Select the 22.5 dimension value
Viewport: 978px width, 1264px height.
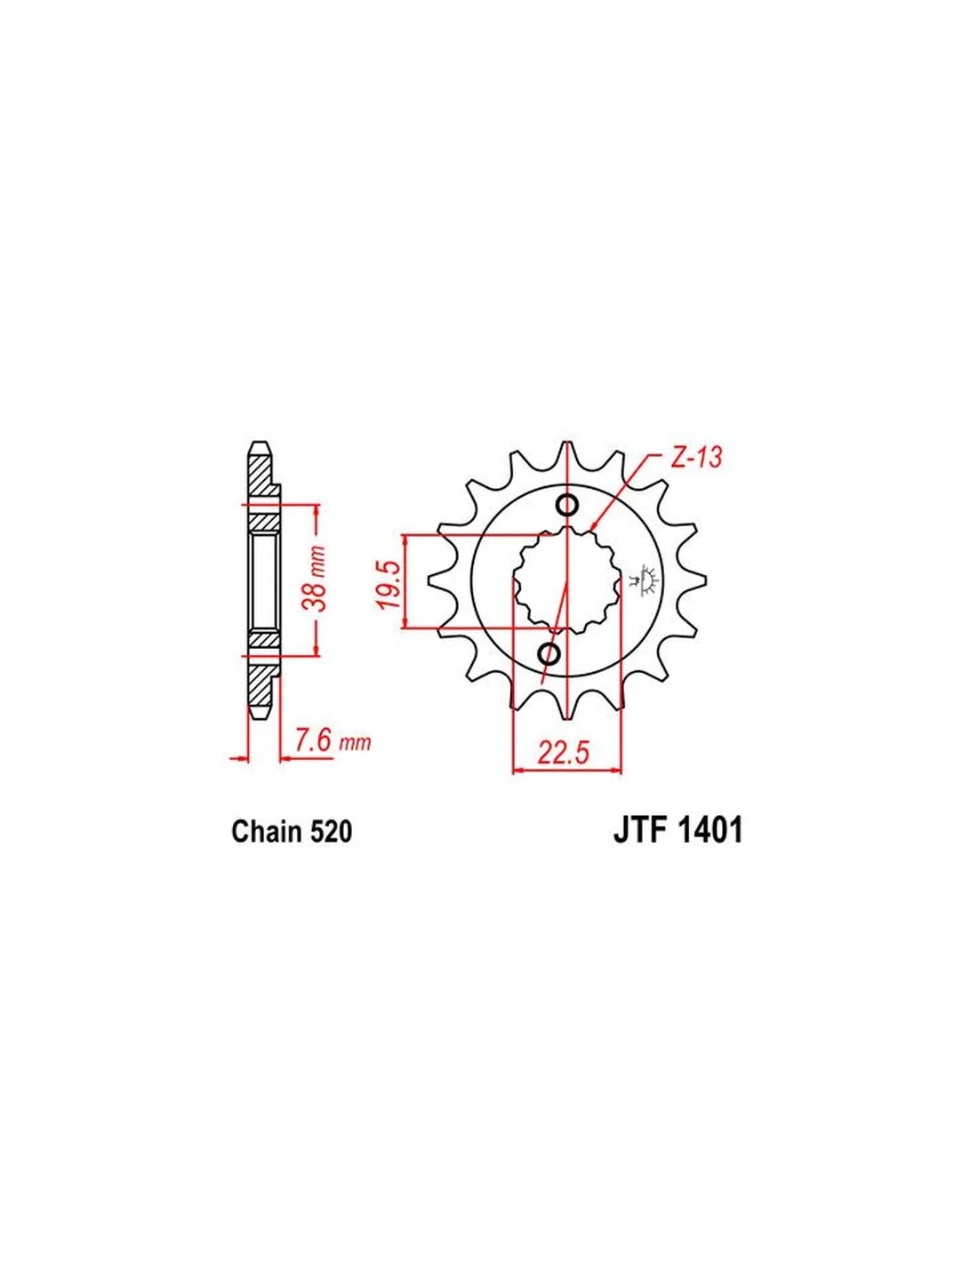tap(563, 753)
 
